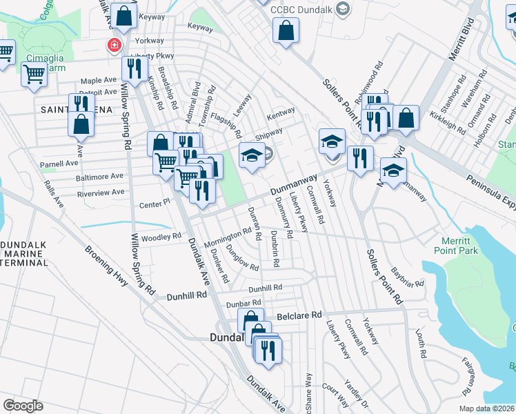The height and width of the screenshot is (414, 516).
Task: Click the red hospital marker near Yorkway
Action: point(113,46)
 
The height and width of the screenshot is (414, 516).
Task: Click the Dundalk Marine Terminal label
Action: point(23,253)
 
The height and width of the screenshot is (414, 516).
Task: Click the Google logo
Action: point(23,405)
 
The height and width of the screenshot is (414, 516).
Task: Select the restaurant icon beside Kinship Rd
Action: point(135,68)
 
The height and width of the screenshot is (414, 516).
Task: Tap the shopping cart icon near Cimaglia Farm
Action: point(34,74)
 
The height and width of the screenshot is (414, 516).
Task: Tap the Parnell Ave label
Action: point(59,164)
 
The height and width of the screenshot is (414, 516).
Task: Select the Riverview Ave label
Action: point(101,193)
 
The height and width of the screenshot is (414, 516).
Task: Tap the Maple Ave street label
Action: point(98,80)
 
